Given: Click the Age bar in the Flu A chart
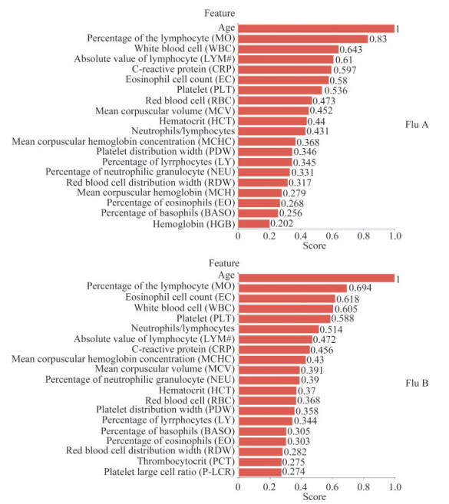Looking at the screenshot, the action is coord(316,28).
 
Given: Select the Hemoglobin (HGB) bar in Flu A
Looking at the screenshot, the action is coord(254,224).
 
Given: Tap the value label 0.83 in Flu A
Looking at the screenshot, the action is coord(378,39).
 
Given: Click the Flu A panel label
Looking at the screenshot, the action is coord(417,125).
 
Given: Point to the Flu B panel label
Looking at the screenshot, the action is coord(417,383).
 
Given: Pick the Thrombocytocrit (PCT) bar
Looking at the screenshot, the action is coord(260,462).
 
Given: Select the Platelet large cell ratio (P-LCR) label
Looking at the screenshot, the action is coord(169,472).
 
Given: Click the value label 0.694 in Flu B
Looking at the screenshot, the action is coord(360,288).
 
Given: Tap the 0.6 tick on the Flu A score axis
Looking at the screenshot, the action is coord(332,236).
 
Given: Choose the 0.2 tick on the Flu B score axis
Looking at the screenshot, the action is coord(269,487).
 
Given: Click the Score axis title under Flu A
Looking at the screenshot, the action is coord(314,246).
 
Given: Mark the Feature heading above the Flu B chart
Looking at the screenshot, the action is coord(224,263).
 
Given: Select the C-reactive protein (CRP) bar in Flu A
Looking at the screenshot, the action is coord(285,70).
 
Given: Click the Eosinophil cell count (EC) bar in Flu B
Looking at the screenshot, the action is coord(287,298).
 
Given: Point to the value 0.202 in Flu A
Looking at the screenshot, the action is coord(282,224).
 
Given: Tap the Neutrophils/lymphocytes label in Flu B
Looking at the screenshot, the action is coord(183,328).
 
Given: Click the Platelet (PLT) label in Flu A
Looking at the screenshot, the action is coord(206,90).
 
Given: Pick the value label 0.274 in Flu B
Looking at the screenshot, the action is coord(294,472).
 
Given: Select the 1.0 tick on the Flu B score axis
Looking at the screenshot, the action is coord(395,487).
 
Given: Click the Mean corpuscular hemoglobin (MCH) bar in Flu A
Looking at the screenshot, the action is coord(260,193).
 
